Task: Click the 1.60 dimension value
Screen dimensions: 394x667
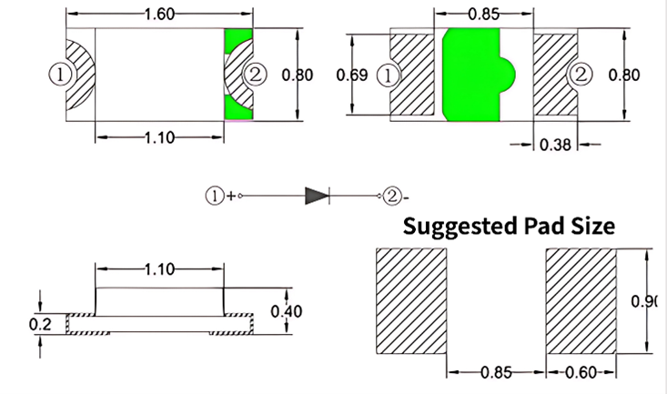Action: (x=159, y=15)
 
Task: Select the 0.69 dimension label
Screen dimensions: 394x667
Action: (x=352, y=75)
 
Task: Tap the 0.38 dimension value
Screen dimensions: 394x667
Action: (x=555, y=144)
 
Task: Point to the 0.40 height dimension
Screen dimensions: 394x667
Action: (x=288, y=312)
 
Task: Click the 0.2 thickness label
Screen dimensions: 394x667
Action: (x=39, y=323)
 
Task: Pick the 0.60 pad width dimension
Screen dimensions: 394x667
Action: (x=580, y=373)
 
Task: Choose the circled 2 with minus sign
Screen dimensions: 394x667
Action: (x=391, y=195)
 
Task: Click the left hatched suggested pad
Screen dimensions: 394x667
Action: (x=411, y=303)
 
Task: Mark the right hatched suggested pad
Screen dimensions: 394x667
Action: (x=581, y=303)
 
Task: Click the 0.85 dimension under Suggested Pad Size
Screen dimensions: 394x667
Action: (x=497, y=373)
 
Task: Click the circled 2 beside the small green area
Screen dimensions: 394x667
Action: (x=256, y=75)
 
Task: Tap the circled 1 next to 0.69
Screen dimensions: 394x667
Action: (x=391, y=75)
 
